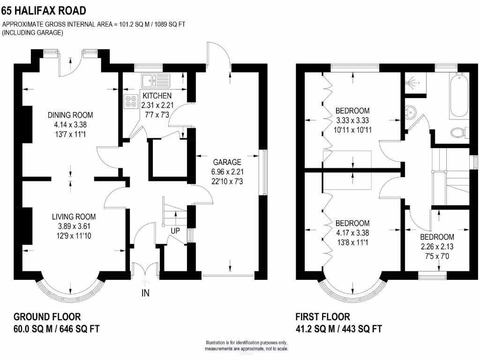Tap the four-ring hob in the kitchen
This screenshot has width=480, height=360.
[129, 101]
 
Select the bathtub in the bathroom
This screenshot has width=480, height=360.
[458, 96]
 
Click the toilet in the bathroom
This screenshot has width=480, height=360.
[459, 133]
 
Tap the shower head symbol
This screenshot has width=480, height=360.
[411, 82]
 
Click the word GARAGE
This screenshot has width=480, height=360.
[226, 162]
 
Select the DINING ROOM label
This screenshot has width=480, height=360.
[70, 115]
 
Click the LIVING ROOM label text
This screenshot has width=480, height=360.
[74, 217]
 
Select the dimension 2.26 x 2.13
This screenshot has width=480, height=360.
[437, 247]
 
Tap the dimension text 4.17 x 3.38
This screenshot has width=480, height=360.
[352, 232]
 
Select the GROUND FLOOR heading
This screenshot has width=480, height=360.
[47, 317]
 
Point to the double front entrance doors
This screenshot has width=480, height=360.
[143, 271]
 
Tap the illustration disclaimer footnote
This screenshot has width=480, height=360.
[247, 345]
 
